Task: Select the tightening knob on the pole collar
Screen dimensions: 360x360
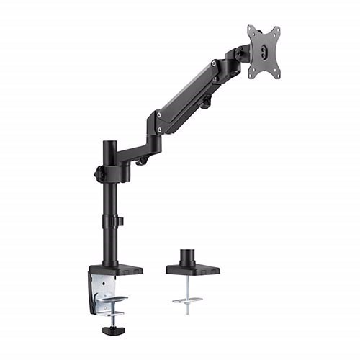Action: [98, 174]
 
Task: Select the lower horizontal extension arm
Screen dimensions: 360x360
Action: [137, 153]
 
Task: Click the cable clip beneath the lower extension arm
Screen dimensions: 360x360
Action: [141, 161]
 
